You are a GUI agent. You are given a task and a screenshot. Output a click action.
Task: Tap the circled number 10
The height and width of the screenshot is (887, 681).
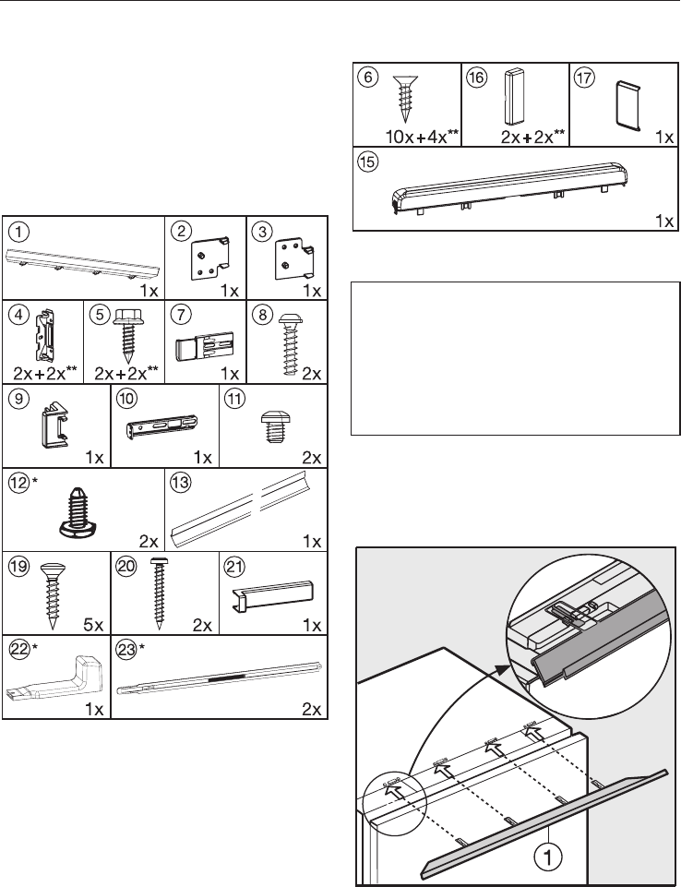click(x=127, y=401)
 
